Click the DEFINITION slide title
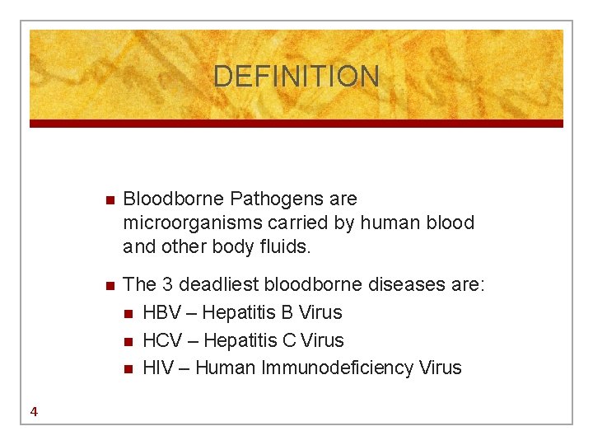(x=296, y=77)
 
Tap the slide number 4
(x=33, y=412)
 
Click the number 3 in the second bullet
(x=167, y=285)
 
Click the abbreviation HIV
(x=158, y=368)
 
